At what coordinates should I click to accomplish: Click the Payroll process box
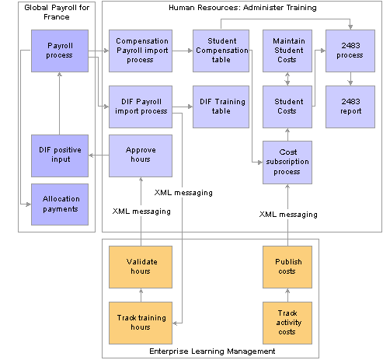(x=60, y=51)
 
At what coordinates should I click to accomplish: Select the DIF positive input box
(x=60, y=156)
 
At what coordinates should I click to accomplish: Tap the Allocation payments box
(x=60, y=204)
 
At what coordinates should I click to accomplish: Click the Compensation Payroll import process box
(x=141, y=51)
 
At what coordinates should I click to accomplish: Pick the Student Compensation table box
(x=221, y=51)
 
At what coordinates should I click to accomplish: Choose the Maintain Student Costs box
(x=287, y=51)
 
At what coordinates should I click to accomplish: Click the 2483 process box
(x=350, y=51)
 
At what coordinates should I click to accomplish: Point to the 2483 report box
(x=350, y=107)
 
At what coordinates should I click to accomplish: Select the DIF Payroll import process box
(x=141, y=107)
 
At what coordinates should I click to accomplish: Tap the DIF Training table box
(x=221, y=107)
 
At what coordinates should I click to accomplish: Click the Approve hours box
(x=141, y=156)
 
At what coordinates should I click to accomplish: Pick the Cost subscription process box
(x=287, y=163)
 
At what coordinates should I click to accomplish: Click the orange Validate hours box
(x=141, y=267)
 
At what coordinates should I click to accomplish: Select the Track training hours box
(x=141, y=323)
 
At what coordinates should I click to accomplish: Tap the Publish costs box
(x=287, y=267)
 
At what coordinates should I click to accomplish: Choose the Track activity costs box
(x=287, y=323)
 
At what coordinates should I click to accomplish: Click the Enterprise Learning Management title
(x=212, y=351)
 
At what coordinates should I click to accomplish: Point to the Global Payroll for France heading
(x=57, y=12)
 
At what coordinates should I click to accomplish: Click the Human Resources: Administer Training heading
(x=242, y=8)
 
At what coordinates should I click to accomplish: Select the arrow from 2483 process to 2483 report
(x=350, y=79)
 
